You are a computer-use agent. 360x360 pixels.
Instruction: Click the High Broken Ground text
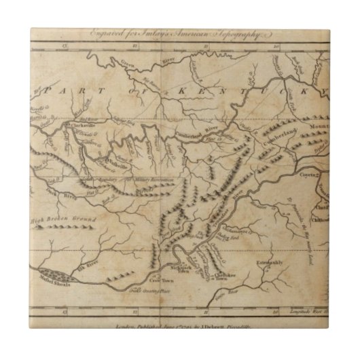pyautogui.click(x=57, y=219)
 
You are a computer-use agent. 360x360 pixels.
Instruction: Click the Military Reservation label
pyautogui.click(x=163, y=179)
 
